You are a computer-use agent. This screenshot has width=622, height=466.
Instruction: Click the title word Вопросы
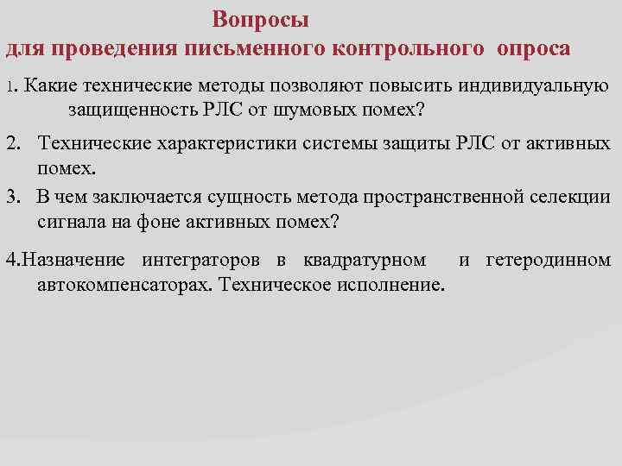tap(260, 19)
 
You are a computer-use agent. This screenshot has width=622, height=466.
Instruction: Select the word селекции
tap(574, 198)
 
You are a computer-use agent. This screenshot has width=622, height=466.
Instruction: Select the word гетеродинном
tap(549, 260)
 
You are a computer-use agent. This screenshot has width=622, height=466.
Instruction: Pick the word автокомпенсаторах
tap(122, 283)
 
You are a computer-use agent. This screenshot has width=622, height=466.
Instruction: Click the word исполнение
tap(394, 283)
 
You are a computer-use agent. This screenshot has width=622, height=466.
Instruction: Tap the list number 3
tap(12, 198)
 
